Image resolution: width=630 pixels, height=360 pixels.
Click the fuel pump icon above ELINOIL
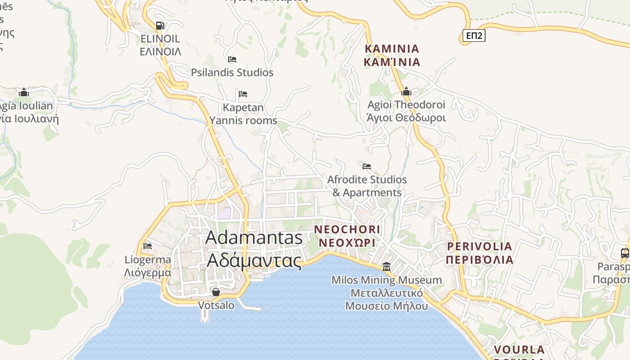[160, 26]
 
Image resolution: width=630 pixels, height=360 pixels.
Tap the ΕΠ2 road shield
[474, 36]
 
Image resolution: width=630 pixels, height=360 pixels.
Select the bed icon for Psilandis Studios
[232, 59]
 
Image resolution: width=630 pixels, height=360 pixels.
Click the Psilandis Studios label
[232, 72]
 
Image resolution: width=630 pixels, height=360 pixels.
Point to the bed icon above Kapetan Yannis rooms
[243, 94]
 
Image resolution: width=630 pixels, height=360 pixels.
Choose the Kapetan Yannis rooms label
[243, 114]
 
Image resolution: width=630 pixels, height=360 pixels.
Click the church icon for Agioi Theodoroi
[406, 92]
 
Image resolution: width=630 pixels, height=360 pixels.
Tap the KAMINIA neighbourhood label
[392, 55]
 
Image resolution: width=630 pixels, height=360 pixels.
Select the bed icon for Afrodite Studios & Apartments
[367, 166]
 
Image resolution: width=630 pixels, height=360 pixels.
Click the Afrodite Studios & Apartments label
[367, 186]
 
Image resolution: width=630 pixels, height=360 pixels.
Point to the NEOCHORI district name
[347, 236]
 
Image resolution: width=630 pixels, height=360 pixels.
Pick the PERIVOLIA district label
[480, 253]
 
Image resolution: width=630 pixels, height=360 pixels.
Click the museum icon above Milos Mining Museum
[386, 267]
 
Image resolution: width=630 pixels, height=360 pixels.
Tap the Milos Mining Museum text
[387, 293]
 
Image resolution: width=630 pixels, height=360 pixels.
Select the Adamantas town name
[254, 249]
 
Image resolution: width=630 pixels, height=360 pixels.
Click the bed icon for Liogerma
[148, 246]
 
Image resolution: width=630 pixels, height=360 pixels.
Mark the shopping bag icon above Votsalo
[216, 292]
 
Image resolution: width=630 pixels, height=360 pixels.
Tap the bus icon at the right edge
[625, 253]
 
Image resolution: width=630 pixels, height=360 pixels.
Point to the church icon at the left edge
[24, 93]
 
